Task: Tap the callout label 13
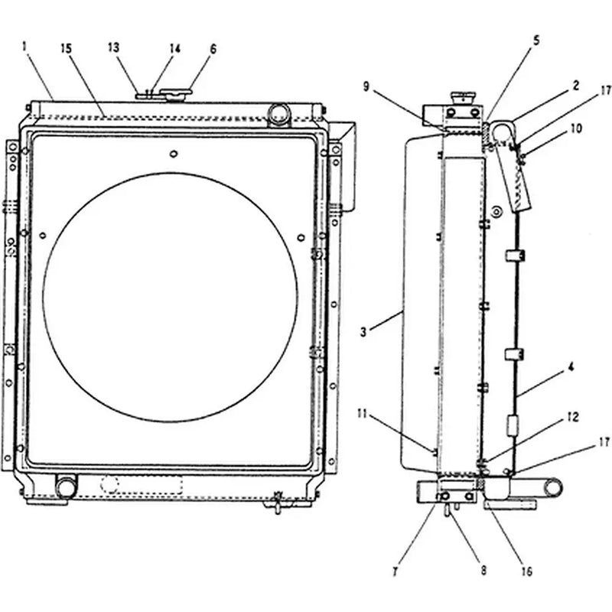[x=114, y=47]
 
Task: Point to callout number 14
[x=174, y=48]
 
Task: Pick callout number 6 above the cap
[x=213, y=48]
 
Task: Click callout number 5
[x=535, y=40]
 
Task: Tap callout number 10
[x=575, y=129]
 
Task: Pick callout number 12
[x=572, y=418]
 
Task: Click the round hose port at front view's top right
[x=278, y=115]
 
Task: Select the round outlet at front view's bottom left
[x=67, y=486]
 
